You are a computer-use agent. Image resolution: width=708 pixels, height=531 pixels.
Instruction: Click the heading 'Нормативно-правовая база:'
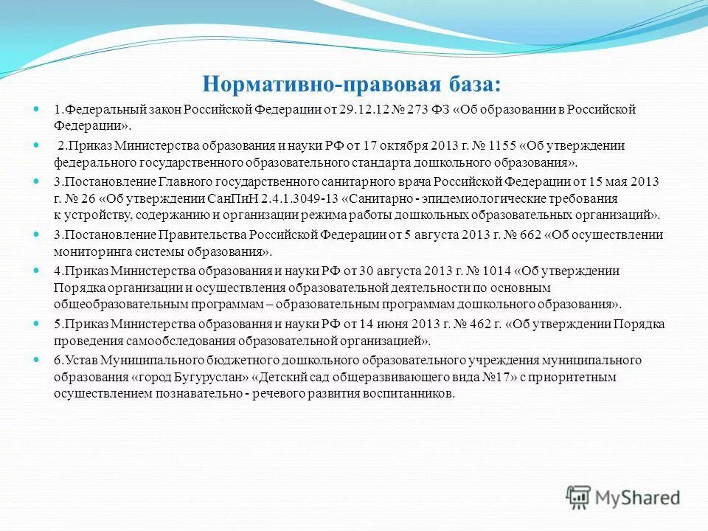coord(356,83)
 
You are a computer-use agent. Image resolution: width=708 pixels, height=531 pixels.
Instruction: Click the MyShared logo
coord(622,497)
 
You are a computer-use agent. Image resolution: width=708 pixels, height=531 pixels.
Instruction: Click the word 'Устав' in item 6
coord(78,360)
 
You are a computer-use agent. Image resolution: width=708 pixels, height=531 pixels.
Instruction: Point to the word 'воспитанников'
coord(408,394)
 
